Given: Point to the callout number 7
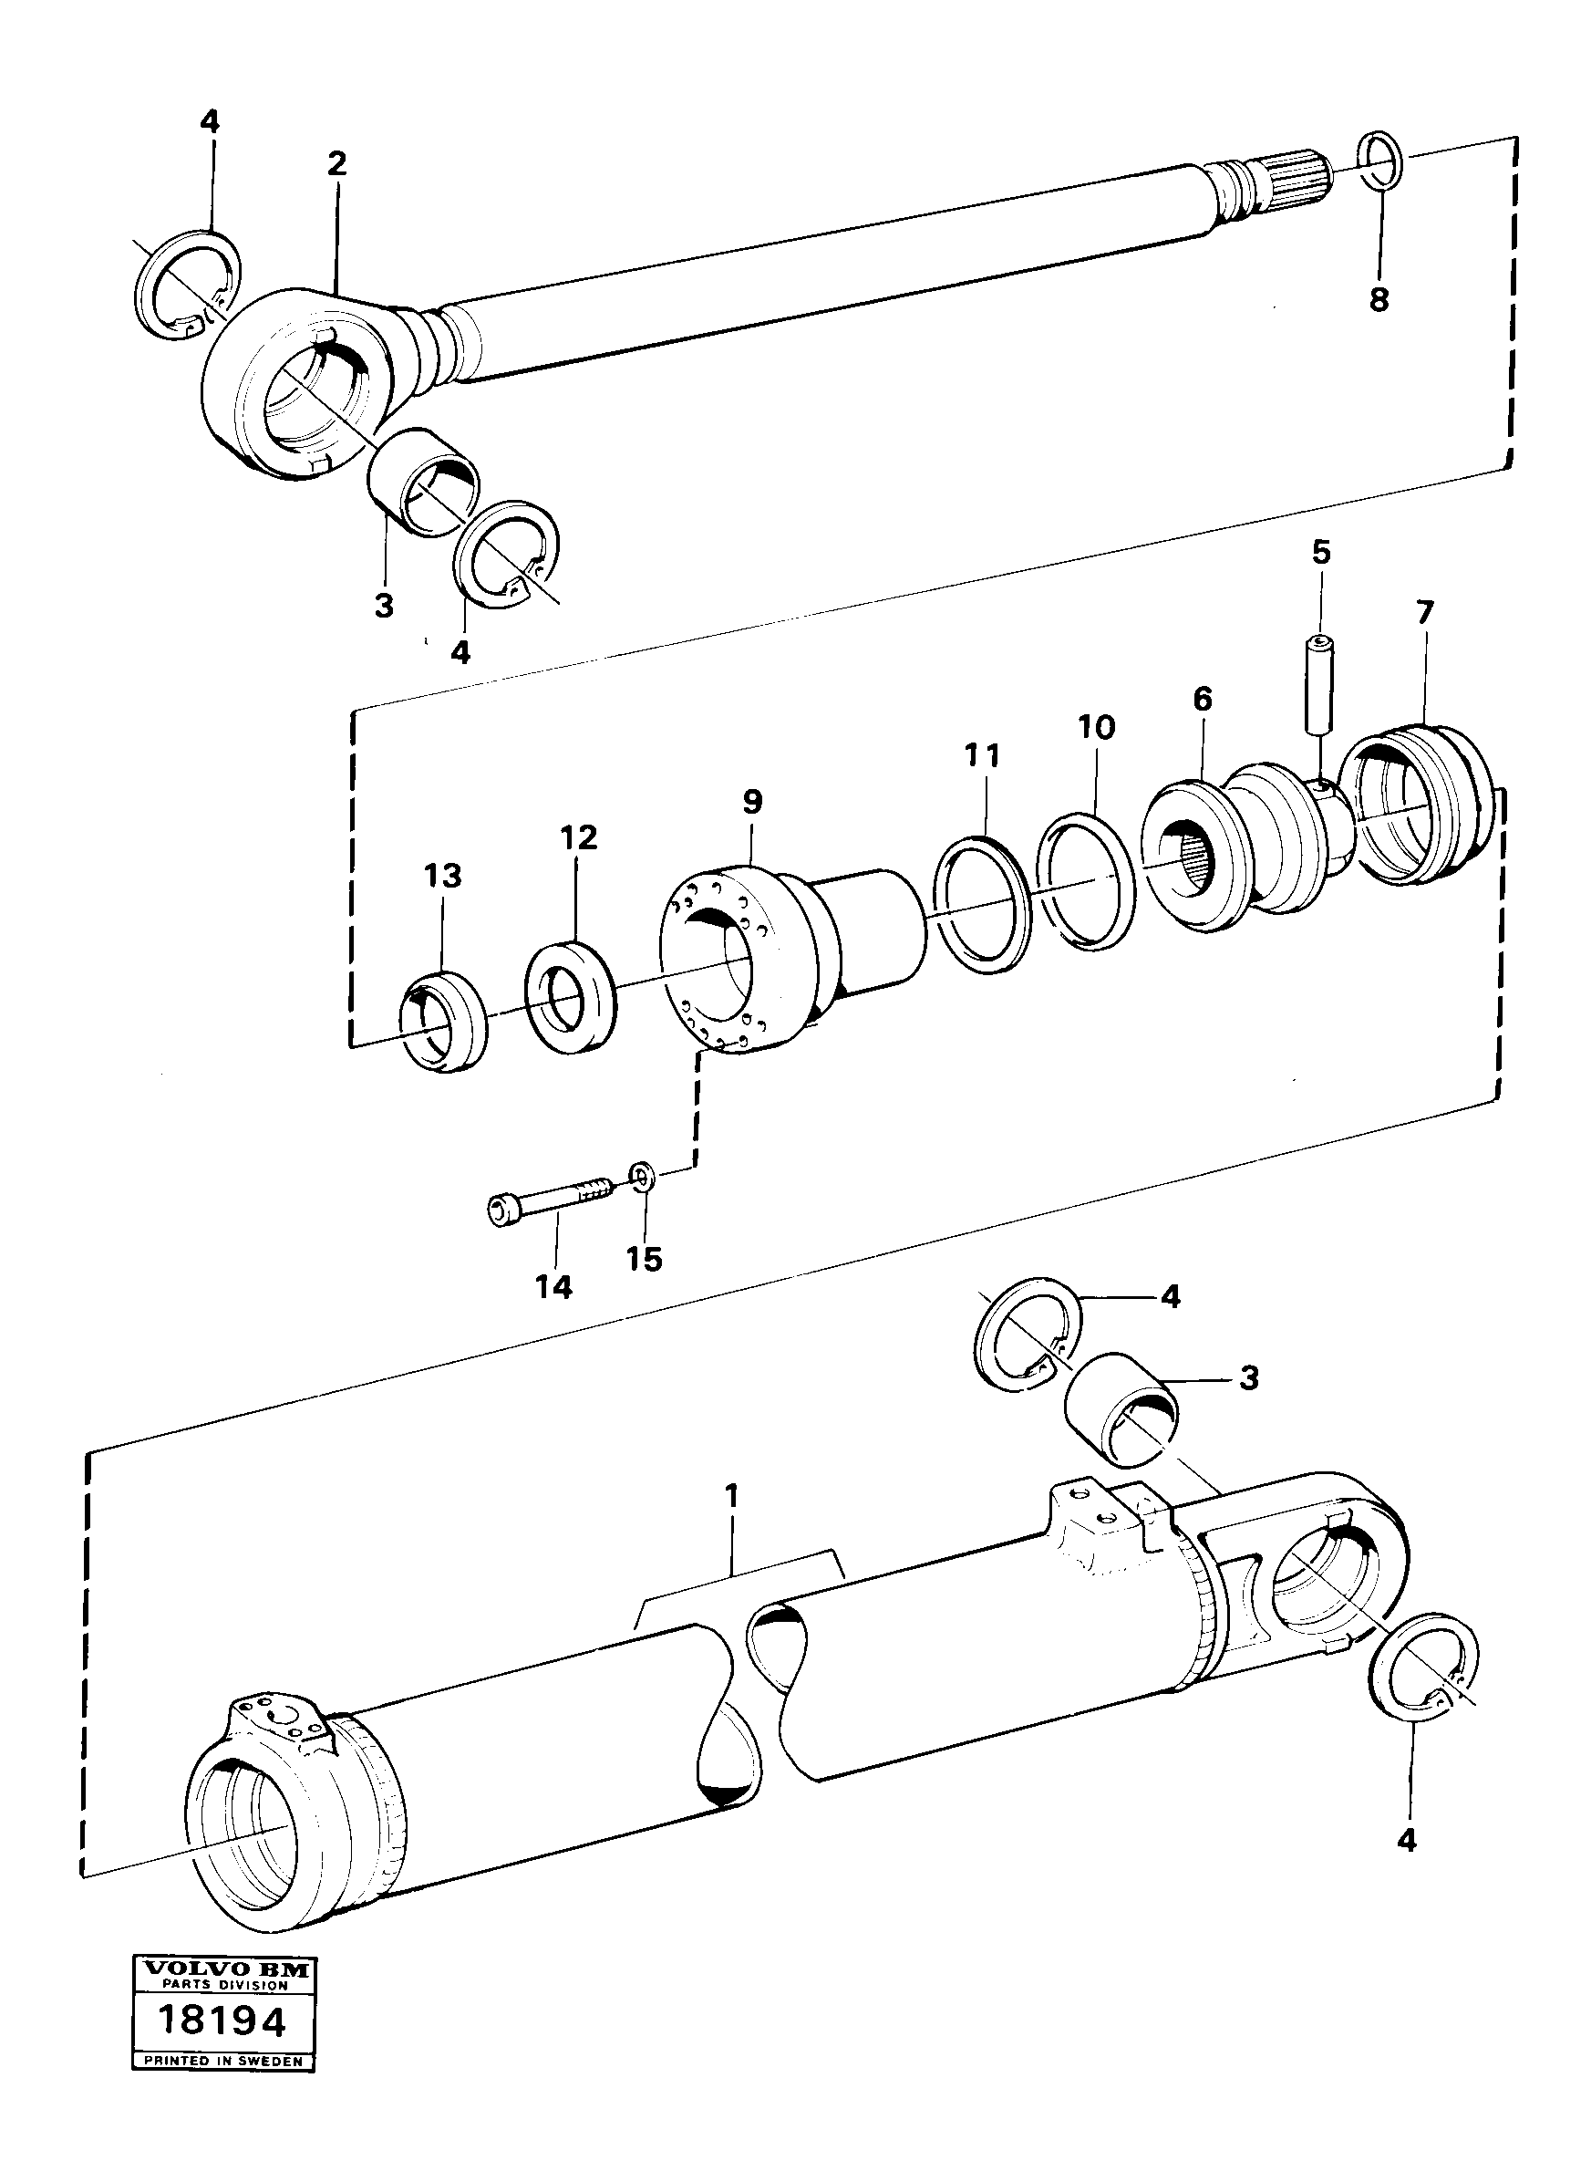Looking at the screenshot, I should tap(1424, 612).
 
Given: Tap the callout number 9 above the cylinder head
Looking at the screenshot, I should tap(752, 800).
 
